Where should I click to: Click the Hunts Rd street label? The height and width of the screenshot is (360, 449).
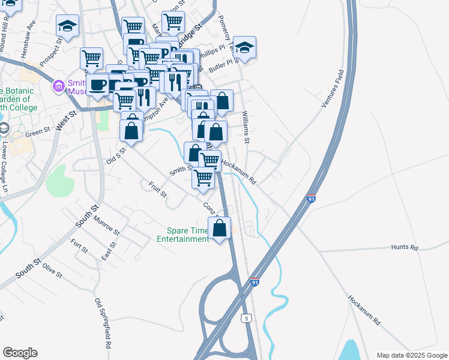pos(403,247)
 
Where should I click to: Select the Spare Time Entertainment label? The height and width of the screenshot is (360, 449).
pos(182,235)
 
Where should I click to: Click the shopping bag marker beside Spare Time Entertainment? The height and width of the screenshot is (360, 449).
pos(220,228)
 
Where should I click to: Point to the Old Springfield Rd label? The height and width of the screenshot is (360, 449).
pos(102,324)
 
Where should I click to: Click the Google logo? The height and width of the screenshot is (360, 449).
pos(20,353)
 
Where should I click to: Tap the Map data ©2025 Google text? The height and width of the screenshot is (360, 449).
pos(411,355)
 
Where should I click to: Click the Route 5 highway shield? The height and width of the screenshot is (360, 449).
pos(247,317)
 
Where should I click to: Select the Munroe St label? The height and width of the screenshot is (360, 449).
pos(106,227)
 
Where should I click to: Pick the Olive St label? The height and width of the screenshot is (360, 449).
pos(52,272)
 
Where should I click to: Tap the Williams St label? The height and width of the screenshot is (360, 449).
pos(246,127)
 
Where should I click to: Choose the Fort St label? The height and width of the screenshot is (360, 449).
pos(76,247)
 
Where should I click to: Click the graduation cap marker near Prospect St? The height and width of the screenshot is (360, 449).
pos(67,26)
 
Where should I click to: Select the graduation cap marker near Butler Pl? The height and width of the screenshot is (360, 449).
pos(244,47)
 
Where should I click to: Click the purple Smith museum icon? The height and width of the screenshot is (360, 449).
pos(59,86)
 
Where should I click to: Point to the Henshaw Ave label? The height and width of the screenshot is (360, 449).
pos(29,44)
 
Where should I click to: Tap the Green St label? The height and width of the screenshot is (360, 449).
pos(37,131)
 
